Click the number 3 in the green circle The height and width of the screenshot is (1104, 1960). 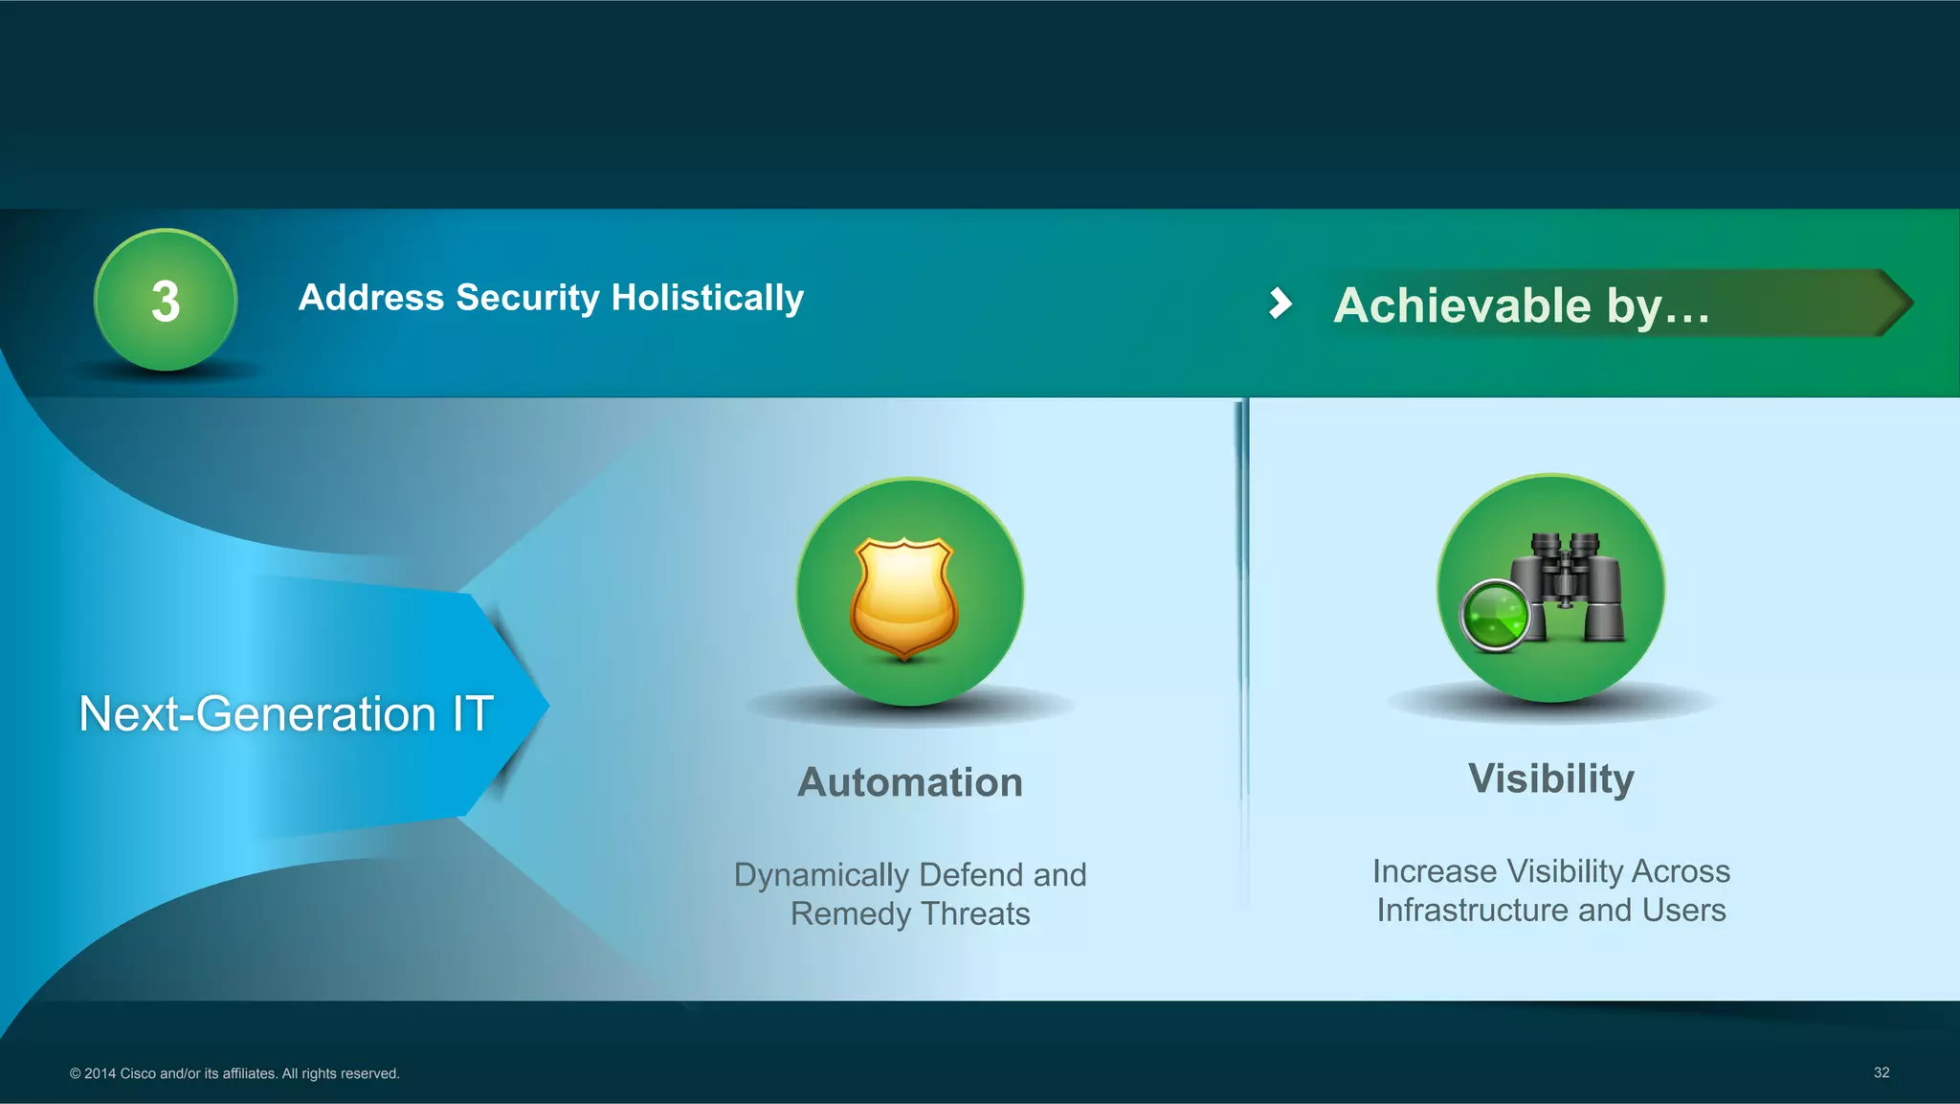point(166,302)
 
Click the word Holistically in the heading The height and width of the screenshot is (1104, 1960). point(707,298)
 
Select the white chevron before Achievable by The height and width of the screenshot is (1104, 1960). point(1280,304)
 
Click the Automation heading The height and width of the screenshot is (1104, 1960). point(910,782)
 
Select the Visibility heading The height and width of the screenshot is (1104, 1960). point(1551,778)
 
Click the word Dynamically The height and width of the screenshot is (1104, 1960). point(820,875)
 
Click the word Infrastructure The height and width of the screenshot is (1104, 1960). point(1472,910)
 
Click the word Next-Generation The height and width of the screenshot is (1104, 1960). point(257,714)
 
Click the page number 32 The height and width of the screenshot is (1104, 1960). point(1881,1072)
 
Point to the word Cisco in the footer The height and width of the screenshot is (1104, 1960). point(137,1073)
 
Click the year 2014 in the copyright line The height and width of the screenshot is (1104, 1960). point(100,1073)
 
